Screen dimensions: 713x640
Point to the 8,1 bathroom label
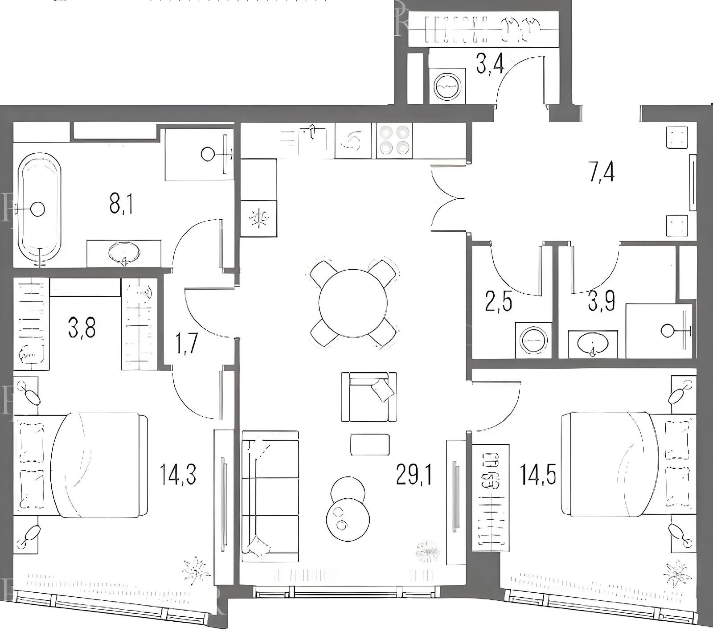[x=121, y=205]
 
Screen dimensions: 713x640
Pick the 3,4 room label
[x=490, y=63]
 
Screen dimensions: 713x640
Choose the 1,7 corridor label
[x=187, y=344]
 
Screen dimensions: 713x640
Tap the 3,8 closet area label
[x=82, y=328]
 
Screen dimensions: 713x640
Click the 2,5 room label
[x=498, y=302]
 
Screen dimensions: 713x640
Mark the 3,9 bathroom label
[x=602, y=302]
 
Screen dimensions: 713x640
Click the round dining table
[x=353, y=303]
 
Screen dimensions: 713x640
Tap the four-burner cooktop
[x=394, y=140]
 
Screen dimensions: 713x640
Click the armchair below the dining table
[x=369, y=397]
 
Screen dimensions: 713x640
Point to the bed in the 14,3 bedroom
[x=81, y=464]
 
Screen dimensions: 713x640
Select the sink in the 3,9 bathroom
[x=592, y=344]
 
